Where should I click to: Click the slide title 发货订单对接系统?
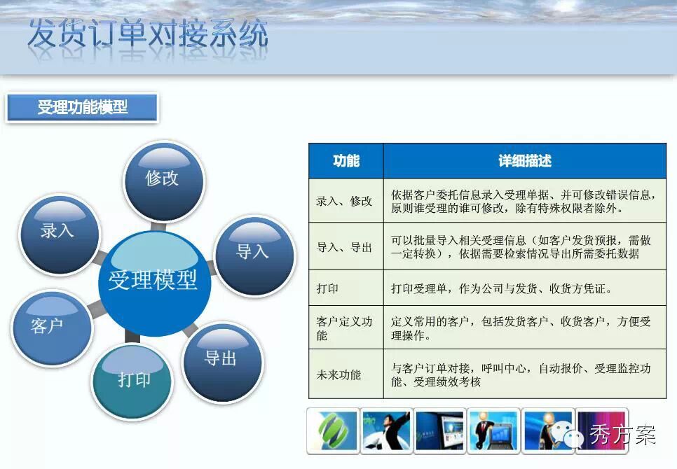point(148,34)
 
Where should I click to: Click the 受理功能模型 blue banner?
point(82,107)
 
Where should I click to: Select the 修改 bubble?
point(163,182)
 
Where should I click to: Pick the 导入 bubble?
point(254,256)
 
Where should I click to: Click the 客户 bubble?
point(52,328)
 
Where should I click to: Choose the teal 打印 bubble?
point(132,380)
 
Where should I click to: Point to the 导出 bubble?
point(223,363)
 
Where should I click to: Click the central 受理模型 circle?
point(154,283)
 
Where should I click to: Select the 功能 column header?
point(346,161)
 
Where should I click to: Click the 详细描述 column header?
point(525,161)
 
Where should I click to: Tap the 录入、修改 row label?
point(344,202)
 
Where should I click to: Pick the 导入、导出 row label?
point(344,247)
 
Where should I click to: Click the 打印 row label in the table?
point(327,288)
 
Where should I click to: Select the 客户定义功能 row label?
point(344,328)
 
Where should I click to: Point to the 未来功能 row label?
point(338,374)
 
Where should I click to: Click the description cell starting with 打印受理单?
point(525,288)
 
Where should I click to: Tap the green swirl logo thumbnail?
point(334,430)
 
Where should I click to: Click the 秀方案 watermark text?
point(622,435)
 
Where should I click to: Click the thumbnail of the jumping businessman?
point(386,430)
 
